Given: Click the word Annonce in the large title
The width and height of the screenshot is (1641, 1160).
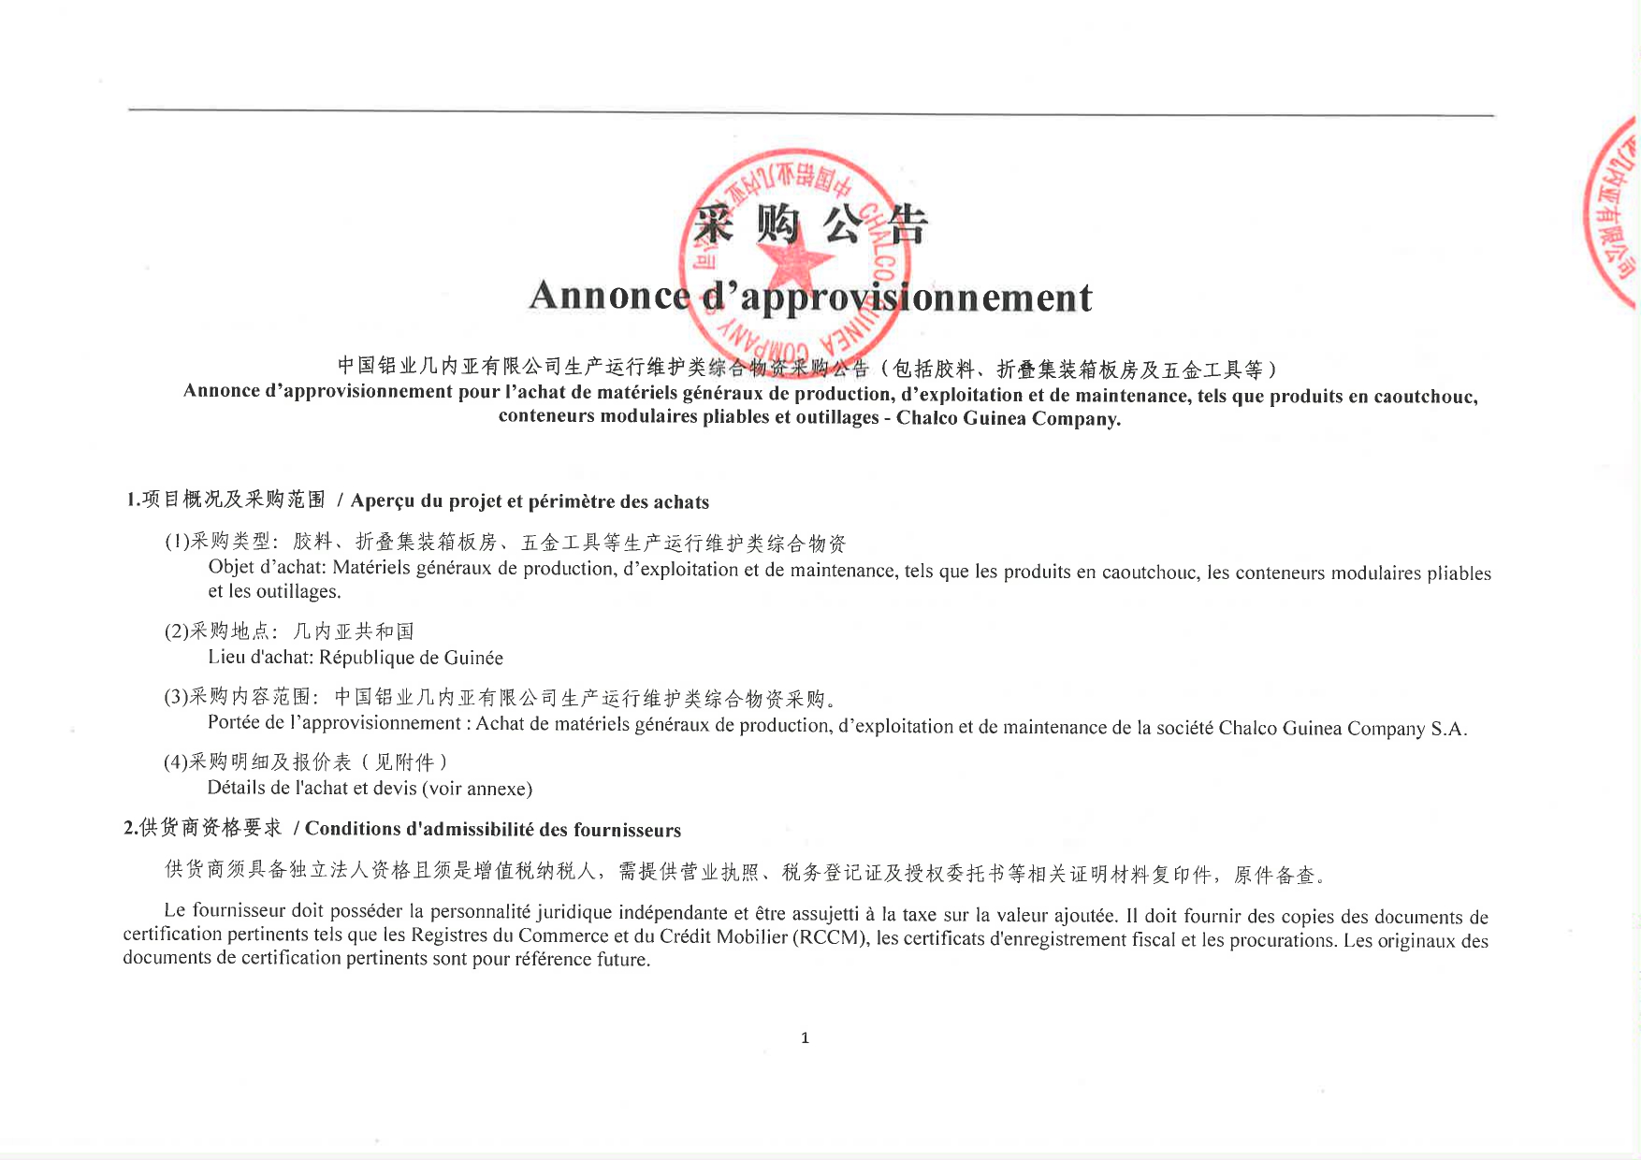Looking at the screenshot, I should (608, 296).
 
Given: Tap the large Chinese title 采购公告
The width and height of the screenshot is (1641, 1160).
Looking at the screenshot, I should (809, 225).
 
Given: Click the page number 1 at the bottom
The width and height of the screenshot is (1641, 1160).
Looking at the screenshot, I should (805, 1037).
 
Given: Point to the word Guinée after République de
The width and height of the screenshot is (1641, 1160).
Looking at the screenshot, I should (473, 658).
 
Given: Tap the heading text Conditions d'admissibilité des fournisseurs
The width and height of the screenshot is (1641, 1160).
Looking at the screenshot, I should (493, 830).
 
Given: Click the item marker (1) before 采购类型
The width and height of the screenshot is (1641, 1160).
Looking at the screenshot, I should (177, 542).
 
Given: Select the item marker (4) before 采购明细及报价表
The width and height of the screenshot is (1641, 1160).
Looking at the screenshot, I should (176, 762).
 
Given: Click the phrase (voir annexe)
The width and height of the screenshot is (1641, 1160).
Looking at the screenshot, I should (477, 789).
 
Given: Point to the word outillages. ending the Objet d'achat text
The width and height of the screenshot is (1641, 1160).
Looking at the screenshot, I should (298, 592).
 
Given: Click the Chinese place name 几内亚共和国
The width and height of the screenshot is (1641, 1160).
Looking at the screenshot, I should (354, 631).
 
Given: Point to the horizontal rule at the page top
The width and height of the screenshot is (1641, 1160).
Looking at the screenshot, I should (810, 112).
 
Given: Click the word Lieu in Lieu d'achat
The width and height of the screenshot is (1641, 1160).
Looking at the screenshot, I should (226, 657).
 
